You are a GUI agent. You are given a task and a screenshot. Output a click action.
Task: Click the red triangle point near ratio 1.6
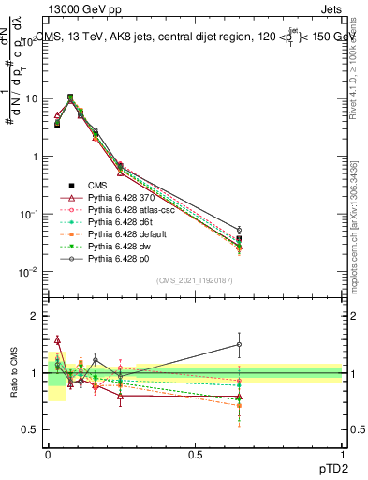pyautogui.click(x=58, y=339)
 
